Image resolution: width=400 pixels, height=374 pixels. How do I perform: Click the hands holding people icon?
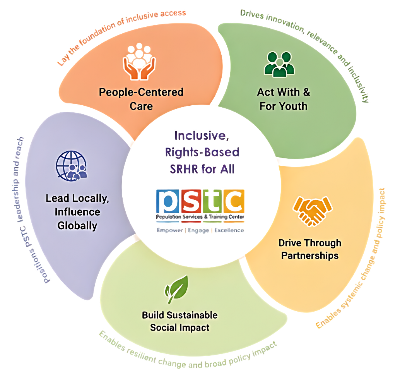point(139,62)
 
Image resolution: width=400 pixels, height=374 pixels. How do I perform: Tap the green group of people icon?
point(279,64)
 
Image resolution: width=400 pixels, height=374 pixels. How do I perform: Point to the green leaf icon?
point(176,289)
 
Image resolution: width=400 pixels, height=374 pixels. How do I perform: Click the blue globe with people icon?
point(72,166)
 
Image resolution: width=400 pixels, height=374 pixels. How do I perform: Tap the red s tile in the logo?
point(191,201)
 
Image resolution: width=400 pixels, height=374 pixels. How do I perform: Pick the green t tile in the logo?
point(212,201)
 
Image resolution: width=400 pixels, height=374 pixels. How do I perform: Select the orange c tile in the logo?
point(234,201)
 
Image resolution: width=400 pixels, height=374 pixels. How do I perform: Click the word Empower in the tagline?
point(170,230)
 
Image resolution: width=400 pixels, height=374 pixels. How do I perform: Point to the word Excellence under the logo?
point(229,230)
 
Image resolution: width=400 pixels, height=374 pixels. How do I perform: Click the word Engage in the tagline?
point(198,231)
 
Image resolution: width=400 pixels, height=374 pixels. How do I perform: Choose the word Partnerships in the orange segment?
point(310,256)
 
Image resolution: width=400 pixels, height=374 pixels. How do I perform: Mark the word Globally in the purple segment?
point(77,226)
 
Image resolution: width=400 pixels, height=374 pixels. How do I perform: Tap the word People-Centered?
point(141,92)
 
